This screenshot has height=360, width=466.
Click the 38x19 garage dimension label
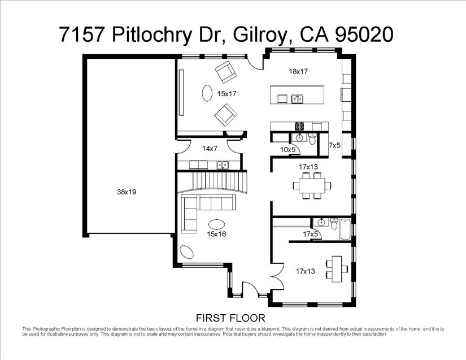pyautogui.click(x=127, y=192)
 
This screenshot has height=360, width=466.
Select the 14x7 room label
pyautogui.click(x=210, y=148)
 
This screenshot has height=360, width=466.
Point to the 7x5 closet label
pyautogui.click(x=334, y=146)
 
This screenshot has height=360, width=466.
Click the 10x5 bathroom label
pyautogui.click(x=288, y=149)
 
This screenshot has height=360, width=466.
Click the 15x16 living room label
pyautogui.click(x=216, y=233)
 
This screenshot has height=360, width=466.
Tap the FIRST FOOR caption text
pyautogui.click(x=230, y=318)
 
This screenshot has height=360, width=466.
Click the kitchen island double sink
pyautogui.click(x=297, y=99)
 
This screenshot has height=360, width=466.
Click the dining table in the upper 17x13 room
pyautogui.click(x=311, y=185)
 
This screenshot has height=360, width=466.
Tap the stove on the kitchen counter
pyautogui.click(x=299, y=125)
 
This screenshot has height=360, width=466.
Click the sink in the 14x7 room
pyautogui.click(x=223, y=165)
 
